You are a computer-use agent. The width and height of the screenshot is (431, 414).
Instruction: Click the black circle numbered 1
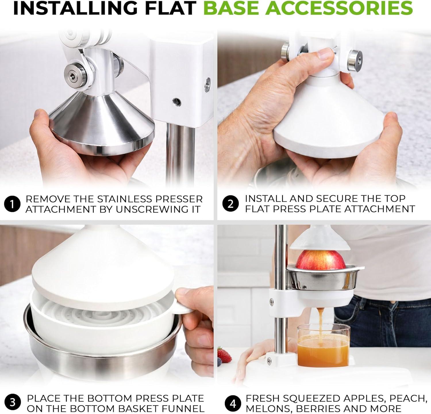[12, 204]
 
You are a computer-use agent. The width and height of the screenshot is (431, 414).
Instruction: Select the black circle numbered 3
[12, 402]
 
